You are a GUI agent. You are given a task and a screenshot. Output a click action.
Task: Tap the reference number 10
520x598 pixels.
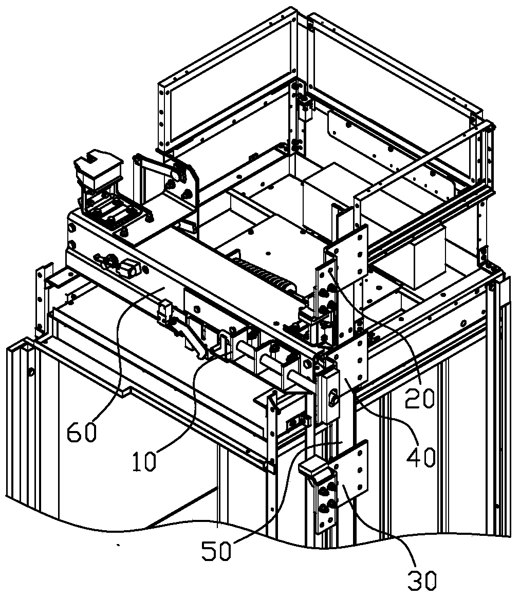point(144,461)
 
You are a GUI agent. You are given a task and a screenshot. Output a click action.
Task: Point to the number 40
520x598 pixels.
point(421,455)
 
